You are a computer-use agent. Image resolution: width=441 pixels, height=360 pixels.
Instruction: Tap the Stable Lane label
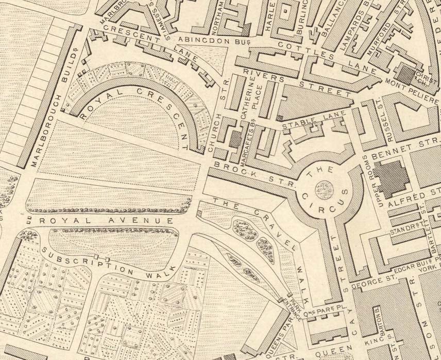click(307, 123)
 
